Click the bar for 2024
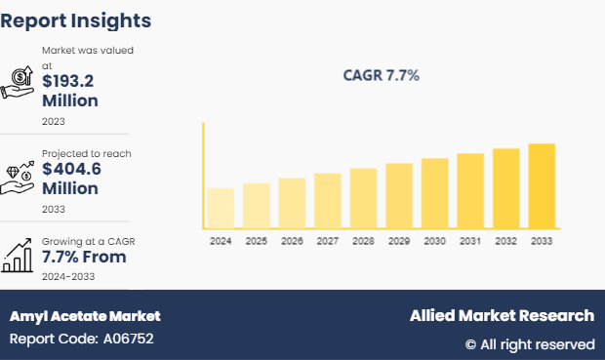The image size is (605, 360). pyautogui.click(x=221, y=208)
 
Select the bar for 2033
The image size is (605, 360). pyautogui.click(x=542, y=186)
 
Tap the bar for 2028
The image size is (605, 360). pyautogui.click(x=363, y=198)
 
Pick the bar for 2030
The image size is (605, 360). pyautogui.click(x=434, y=193)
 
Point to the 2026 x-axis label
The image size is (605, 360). pyautogui.click(x=292, y=241)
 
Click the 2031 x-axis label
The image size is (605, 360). pyautogui.click(x=470, y=241)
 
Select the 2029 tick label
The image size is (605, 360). pyautogui.click(x=399, y=241)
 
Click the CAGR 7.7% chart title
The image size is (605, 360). pyautogui.click(x=381, y=75)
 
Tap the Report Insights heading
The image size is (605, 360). pyautogui.click(x=76, y=20)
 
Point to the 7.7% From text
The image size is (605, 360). pyautogui.click(x=84, y=258)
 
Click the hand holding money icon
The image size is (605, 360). pyautogui.click(x=19, y=82)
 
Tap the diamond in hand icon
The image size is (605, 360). pyautogui.click(x=19, y=173)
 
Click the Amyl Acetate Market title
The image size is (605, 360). pyautogui.click(x=85, y=316)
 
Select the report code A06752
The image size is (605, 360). pyautogui.click(x=81, y=340)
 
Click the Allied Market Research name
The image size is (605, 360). pyautogui.click(x=502, y=316)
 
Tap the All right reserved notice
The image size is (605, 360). pyautogui.click(x=529, y=344)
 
